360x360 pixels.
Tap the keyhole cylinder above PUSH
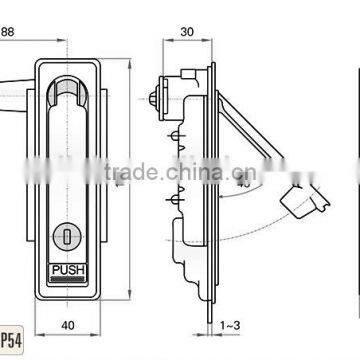[x=68, y=236]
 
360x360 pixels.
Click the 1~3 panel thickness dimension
[x=229, y=326]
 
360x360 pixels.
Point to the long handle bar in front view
[x=68, y=160]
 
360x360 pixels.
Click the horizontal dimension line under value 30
[x=186, y=43]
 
